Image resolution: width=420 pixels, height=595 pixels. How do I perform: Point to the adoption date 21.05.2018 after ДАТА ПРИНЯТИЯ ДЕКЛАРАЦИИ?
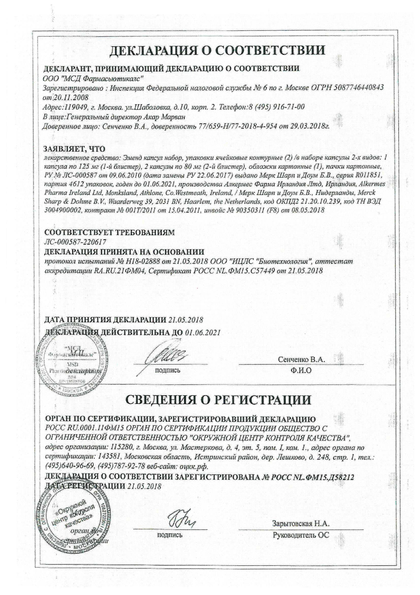click(x=186, y=320)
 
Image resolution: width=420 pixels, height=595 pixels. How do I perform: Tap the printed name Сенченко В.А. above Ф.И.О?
click(x=301, y=359)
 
